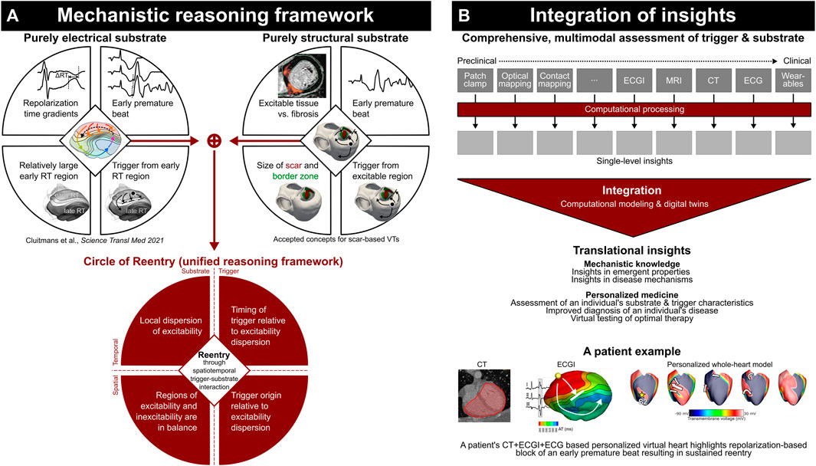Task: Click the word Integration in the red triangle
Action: point(635,190)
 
